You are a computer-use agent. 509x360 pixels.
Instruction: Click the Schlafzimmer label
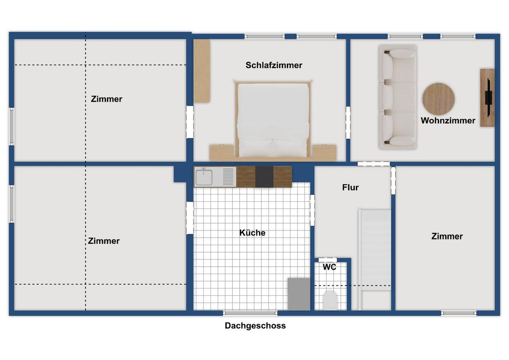pos(274,65)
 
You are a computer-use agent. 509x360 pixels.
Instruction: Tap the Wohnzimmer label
pos(448,121)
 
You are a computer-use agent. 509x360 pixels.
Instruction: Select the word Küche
pos(252,233)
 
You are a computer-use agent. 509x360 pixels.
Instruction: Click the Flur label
pos(350,187)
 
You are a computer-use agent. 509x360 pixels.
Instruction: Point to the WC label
pos(329,267)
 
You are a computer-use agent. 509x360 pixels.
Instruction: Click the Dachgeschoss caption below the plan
pos(255,326)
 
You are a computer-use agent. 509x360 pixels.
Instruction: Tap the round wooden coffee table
pos(438,99)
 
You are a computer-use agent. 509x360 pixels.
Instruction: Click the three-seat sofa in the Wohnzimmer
pos(398,97)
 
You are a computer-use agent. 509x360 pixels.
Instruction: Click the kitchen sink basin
pos(204,177)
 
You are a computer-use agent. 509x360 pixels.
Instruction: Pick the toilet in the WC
pos(330,300)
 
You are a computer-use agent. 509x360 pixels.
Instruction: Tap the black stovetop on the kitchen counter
pos(264,177)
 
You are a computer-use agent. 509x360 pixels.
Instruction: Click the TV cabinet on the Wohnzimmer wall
pos(487,98)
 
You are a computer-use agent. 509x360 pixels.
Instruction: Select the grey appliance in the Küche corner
pos(299,294)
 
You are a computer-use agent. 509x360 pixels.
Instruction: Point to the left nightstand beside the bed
pos(221,152)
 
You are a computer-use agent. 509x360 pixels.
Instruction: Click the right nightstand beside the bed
pos(324,152)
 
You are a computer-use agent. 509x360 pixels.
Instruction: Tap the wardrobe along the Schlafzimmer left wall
pos(202,71)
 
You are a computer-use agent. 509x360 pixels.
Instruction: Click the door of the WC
pos(328,260)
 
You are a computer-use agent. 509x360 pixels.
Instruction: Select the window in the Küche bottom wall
pos(250,313)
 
